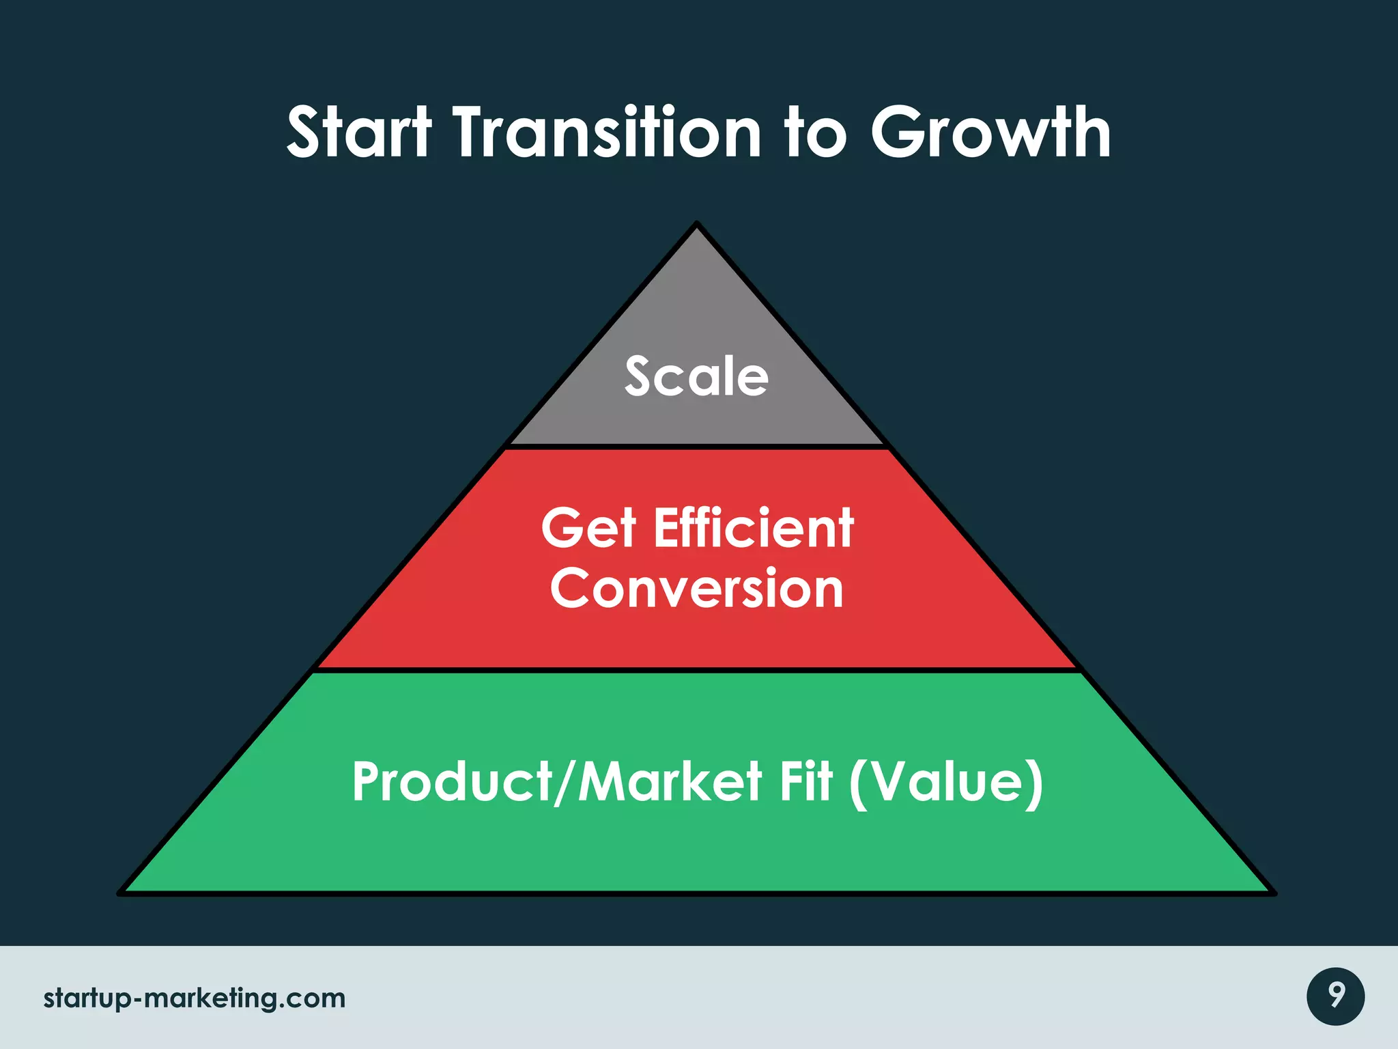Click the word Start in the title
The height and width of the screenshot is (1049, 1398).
(359, 133)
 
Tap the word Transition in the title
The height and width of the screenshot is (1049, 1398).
(608, 133)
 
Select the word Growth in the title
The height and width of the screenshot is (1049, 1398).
(990, 133)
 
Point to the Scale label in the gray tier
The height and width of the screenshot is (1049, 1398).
(697, 377)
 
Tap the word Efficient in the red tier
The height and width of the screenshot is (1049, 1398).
(754, 529)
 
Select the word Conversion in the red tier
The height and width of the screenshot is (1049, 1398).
(697, 589)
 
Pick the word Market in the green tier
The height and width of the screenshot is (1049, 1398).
(670, 782)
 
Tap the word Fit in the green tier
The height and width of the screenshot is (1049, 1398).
(806, 782)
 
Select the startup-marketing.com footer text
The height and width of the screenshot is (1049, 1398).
(195, 998)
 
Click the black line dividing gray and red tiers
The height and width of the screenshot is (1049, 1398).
(697, 447)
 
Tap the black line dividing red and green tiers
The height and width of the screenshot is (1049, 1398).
(697, 671)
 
